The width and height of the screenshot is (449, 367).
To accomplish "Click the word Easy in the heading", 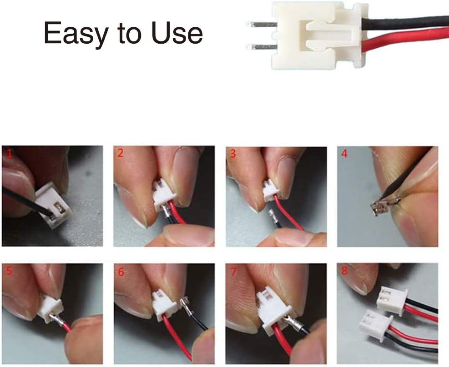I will [71, 33].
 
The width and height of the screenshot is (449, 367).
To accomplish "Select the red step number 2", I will [120, 153].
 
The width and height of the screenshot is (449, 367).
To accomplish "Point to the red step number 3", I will [233, 154].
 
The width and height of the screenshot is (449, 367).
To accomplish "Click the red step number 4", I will [344, 154].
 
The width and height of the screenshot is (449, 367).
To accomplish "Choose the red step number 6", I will [121, 271].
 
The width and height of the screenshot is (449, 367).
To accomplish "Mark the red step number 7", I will [233, 271].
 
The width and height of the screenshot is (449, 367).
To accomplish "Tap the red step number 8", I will [345, 271].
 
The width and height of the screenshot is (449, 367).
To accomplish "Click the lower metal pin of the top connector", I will [262, 46].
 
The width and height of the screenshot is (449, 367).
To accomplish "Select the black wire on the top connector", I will [409, 22].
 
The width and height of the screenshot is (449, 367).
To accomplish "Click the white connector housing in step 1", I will [53, 207].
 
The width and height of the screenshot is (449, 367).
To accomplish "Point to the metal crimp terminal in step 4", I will [380, 207].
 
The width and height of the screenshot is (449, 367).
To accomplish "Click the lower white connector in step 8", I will [375, 326].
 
